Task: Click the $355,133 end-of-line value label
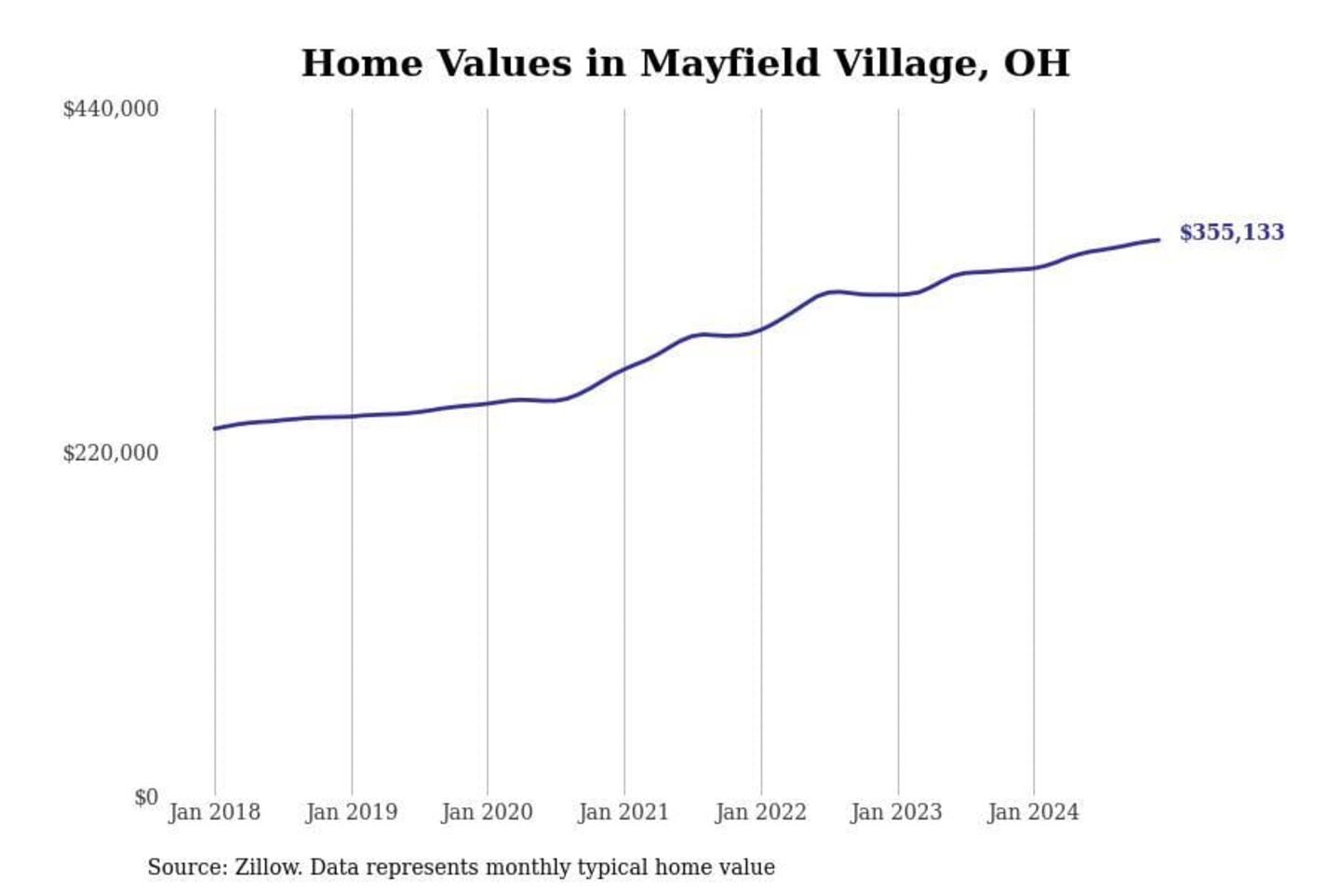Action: (1231, 233)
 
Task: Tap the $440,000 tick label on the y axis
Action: (111, 109)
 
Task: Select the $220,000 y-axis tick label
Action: (111, 454)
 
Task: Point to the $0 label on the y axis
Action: (146, 797)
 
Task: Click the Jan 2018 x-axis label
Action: (214, 812)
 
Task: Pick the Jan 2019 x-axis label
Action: (351, 812)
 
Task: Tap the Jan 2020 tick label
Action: (487, 812)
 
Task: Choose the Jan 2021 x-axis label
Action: (623, 812)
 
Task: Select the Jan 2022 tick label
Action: (760, 812)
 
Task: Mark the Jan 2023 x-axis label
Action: (896, 812)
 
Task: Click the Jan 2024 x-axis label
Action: (1033, 812)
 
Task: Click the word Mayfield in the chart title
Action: (730, 63)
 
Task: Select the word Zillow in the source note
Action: (267, 867)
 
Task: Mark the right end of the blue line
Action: (1159, 240)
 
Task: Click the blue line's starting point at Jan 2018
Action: (215, 428)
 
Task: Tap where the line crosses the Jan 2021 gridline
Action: (624, 368)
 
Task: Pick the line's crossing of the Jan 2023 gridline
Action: (898, 294)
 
